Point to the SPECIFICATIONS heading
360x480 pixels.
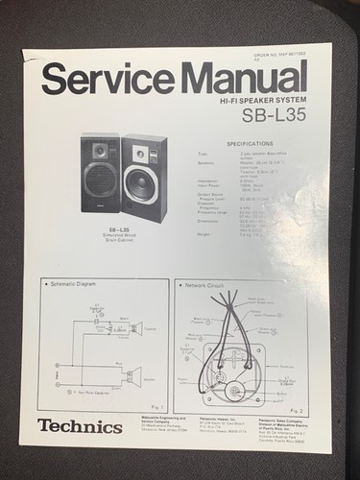coord(249,144)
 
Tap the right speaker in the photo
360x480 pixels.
coord(145,178)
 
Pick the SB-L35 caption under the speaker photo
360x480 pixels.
coord(120,231)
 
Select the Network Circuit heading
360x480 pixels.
coord(208,285)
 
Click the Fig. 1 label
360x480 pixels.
coord(157,406)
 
